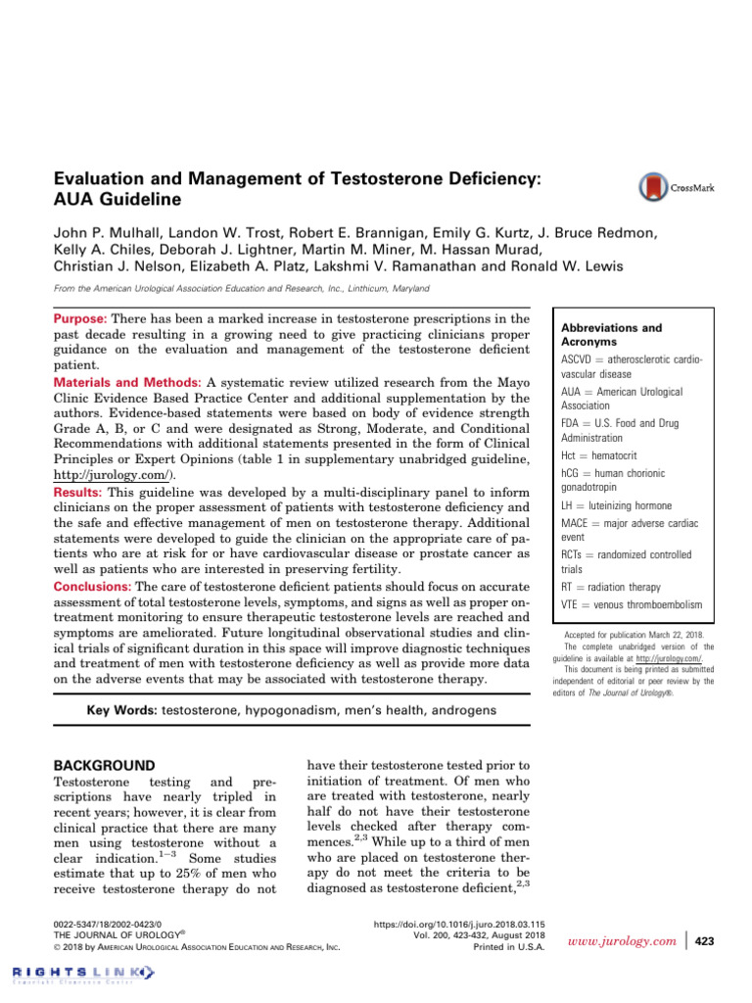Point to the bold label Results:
click(x=77, y=492)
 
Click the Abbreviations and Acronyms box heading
click(x=597, y=335)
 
